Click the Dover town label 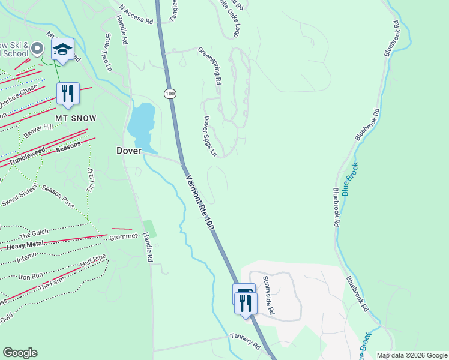[x=128, y=152]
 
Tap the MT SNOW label [x=76, y=118]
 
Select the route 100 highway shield [x=170, y=94]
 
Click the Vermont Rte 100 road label [x=200, y=203]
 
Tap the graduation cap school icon [x=62, y=50]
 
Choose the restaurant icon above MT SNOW [x=67, y=94]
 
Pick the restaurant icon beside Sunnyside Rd [x=246, y=302]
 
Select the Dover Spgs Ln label [x=210, y=136]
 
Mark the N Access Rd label [x=136, y=14]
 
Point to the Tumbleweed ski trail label [x=28, y=157]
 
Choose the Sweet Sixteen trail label [x=19, y=195]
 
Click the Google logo [x=20, y=353]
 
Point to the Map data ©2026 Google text [x=411, y=355]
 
